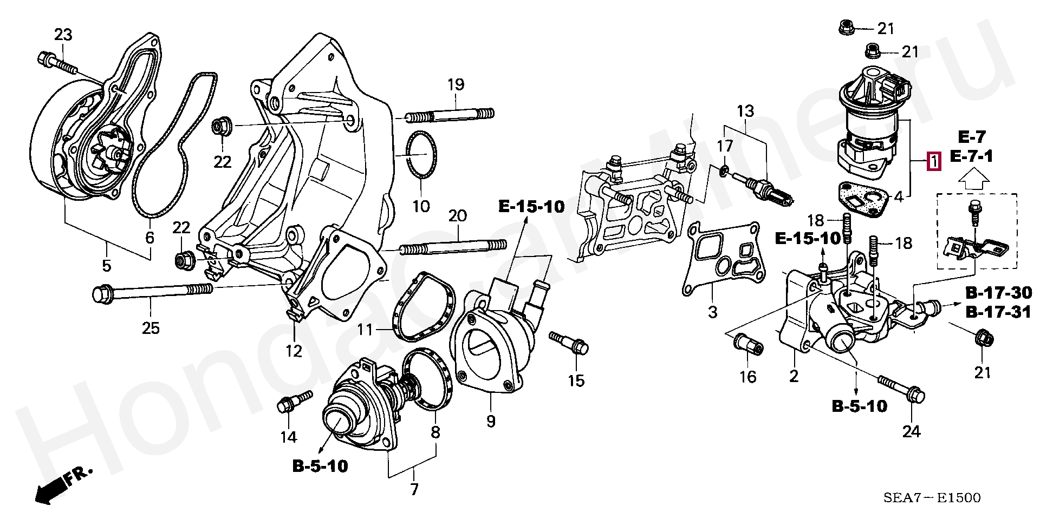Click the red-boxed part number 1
pyautogui.click(x=933, y=162)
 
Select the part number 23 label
pyautogui.click(x=63, y=35)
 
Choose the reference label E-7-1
pyautogui.click(x=971, y=157)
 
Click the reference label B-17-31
pyautogui.click(x=998, y=312)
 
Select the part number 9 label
pyautogui.click(x=490, y=421)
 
